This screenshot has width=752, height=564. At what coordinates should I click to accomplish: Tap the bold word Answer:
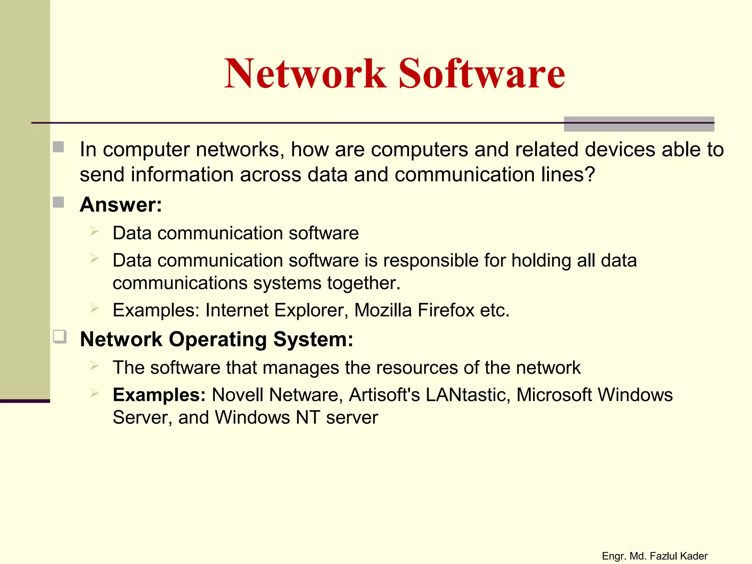click(x=121, y=205)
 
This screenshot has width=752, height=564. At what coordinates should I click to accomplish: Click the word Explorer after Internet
click(x=311, y=310)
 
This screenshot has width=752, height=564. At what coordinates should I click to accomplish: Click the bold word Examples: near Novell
click(x=159, y=395)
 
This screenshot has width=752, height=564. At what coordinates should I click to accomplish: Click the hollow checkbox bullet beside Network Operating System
click(x=59, y=336)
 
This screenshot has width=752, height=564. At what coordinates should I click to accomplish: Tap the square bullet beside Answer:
click(x=58, y=202)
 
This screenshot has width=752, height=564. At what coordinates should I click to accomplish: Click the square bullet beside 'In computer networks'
click(x=58, y=147)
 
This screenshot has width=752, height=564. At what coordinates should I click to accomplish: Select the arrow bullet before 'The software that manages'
click(x=94, y=365)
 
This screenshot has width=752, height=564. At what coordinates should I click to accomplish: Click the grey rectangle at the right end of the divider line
click(x=639, y=124)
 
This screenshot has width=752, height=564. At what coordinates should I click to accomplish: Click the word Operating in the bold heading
click(x=218, y=339)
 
